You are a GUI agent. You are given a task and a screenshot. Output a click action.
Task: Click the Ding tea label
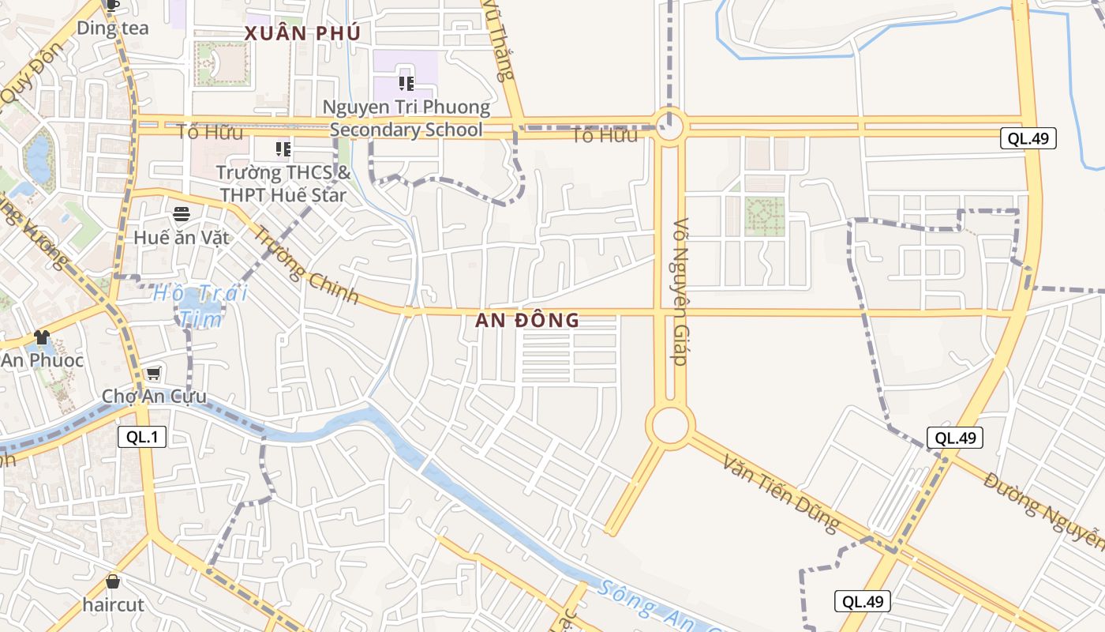click(x=113, y=28)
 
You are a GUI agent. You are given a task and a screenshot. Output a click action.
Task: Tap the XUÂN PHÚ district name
click(x=302, y=34)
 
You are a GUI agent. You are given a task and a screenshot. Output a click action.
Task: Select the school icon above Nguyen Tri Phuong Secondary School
click(x=406, y=83)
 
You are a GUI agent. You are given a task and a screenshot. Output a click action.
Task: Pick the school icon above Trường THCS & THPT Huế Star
click(x=283, y=149)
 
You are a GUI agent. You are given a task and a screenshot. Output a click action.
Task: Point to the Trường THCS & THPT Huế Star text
click(x=283, y=182)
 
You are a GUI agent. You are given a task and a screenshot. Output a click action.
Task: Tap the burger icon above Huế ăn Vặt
click(x=182, y=214)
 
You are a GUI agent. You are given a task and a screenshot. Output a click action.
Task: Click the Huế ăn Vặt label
click(x=182, y=237)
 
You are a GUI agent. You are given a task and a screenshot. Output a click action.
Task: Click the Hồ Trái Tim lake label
click(x=200, y=306)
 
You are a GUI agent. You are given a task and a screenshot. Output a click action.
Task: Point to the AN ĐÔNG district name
click(x=527, y=321)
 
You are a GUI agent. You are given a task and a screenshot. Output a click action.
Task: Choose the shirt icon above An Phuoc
click(x=42, y=337)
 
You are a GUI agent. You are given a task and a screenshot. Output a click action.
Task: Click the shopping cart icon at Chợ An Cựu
click(x=153, y=373)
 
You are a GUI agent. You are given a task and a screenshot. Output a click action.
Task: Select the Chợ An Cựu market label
click(x=154, y=396)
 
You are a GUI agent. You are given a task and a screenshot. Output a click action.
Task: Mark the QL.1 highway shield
click(x=142, y=437)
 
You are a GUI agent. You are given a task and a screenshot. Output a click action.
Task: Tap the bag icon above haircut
click(x=113, y=582)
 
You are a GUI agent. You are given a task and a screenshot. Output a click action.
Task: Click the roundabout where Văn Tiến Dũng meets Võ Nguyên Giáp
click(x=670, y=426)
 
